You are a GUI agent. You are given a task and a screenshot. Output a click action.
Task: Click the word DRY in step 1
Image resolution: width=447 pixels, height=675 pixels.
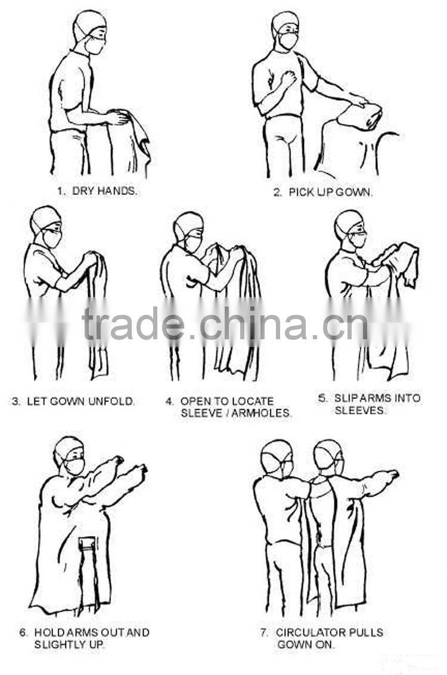coord(83,191)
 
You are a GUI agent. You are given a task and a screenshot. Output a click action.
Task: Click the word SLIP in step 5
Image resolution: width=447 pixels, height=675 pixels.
coord(343,398)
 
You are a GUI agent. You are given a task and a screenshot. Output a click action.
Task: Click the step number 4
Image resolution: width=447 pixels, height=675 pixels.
coord(169,402)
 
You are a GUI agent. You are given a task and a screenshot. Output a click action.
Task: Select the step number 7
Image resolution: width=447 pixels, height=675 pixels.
coord(264,633)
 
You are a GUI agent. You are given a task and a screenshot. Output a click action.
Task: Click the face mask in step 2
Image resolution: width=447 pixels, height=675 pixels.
coord(288,41)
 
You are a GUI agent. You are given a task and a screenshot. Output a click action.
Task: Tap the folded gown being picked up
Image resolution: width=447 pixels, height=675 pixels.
coord(360,115)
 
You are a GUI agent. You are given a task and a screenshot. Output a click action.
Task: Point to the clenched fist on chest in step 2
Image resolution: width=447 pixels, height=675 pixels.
coord(288,79)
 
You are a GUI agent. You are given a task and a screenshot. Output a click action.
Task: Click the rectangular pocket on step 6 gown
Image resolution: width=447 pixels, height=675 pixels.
coord(87,544)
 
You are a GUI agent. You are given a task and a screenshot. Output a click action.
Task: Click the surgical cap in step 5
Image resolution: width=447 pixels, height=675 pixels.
coord(348,222)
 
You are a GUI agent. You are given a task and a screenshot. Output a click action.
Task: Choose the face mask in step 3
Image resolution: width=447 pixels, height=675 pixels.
coord(52,238)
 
